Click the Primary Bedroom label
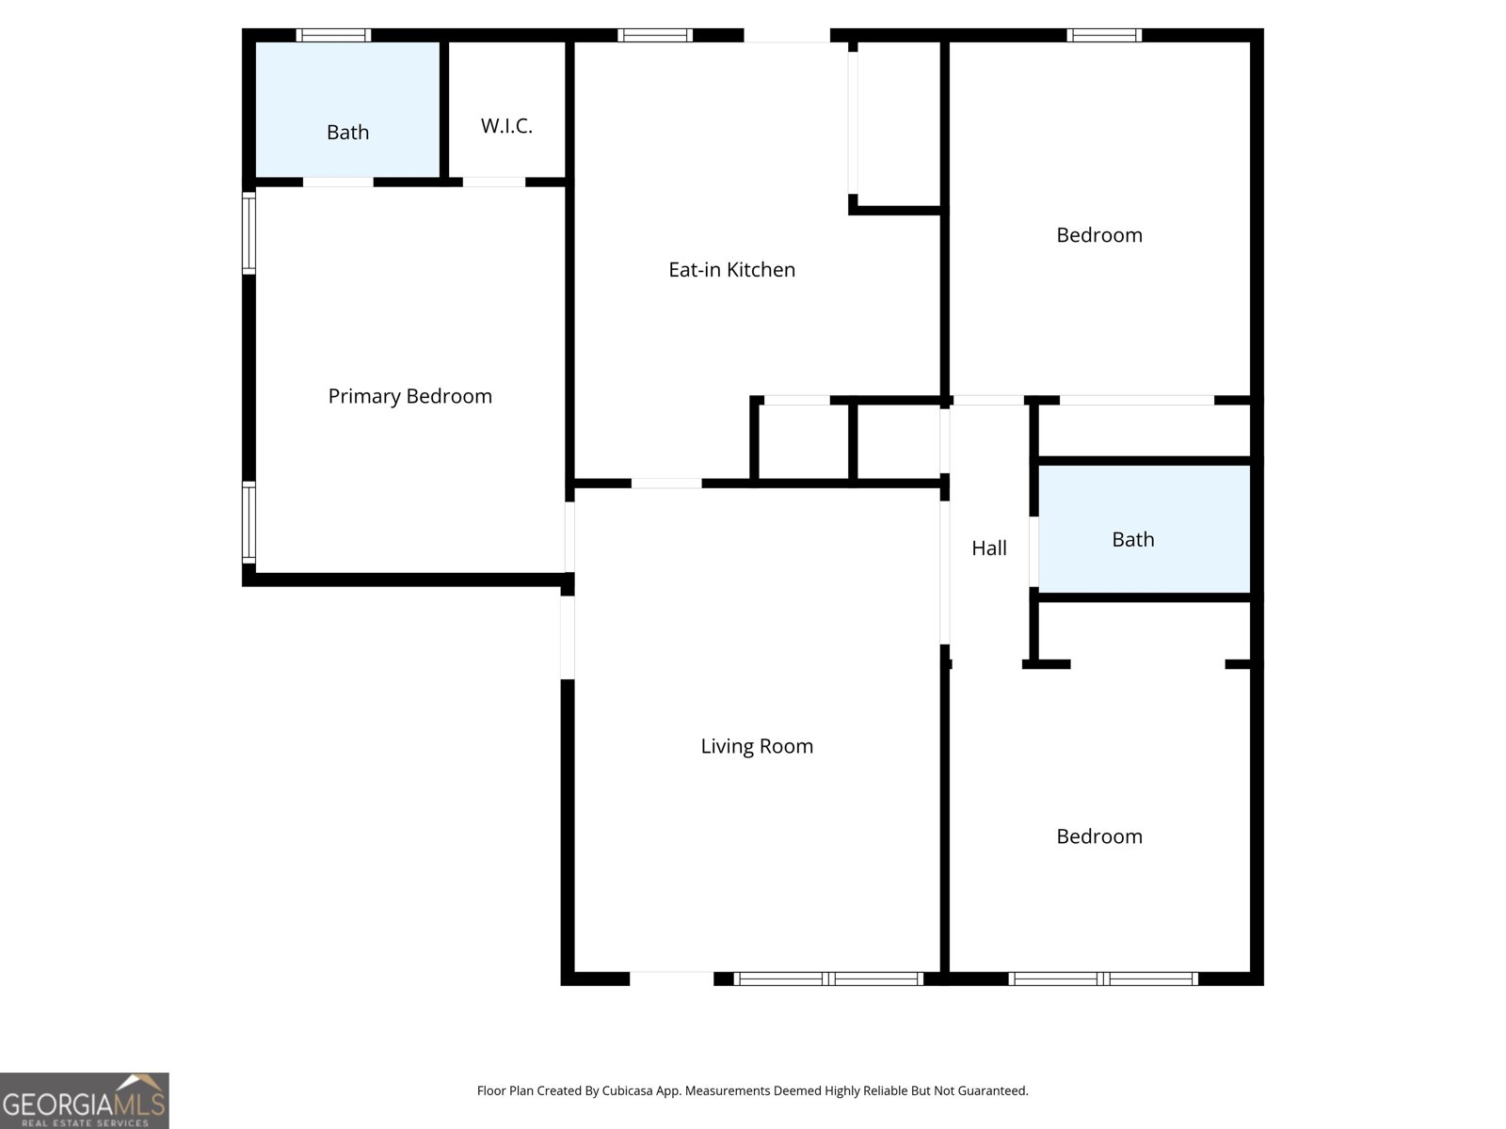click(x=409, y=396)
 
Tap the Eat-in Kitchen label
click(x=731, y=269)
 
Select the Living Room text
click(x=757, y=746)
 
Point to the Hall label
click(x=988, y=548)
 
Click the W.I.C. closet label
click(x=506, y=125)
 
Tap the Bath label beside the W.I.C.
click(x=347, y=132)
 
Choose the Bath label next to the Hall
click(x=1132, y=539)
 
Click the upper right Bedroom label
click(x=1099, y=235)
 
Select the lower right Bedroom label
click(x=1099, y=836)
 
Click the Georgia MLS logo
click(x=85, y=1100)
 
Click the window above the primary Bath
click(x=333, y=35)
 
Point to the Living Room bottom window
click(x=829, y=978)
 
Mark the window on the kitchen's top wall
click(x=655, y=35)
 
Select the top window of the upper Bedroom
click(x=1104, y=35)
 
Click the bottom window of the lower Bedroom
click(x=1103, y=978)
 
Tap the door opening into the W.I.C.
click(x=494, y=183)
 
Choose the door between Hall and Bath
click(x=1033, y=551)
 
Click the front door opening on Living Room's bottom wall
click(x=672, y=978)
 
